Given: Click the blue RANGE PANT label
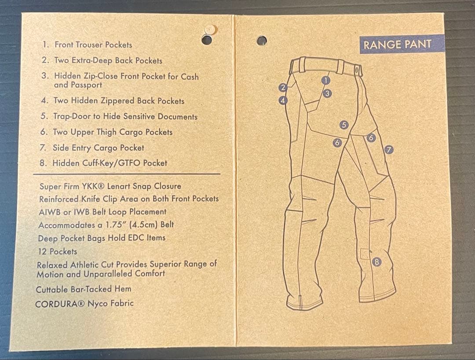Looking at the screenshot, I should coord(396,44).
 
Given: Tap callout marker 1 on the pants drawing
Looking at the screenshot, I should coord(325,80).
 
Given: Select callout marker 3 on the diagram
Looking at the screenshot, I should coord(327,93).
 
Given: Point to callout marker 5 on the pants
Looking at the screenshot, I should coord(344,125).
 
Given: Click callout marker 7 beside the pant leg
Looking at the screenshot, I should coord(388,150).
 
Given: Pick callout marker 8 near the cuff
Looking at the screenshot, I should coord(376,262).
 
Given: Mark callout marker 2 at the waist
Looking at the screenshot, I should coord(284,87).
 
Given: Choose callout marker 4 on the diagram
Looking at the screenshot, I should coord(284,100).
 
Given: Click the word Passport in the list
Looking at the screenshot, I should coord(78,85).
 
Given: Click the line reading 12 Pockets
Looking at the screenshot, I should coord(57,251).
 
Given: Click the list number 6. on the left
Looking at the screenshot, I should coord(44,132).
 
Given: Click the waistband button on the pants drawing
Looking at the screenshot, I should coord(358,69).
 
